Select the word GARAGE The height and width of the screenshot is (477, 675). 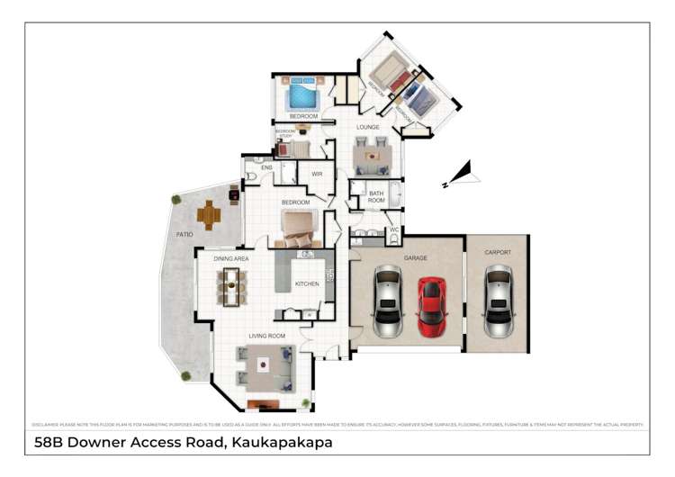[x=415, y=258]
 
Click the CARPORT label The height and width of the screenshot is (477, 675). [x=497, y=252]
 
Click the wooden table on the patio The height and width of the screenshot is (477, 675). [x=210, y=214]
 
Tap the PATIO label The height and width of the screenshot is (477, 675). [x=184, y=235]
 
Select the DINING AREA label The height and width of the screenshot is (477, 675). [x=231, y=258]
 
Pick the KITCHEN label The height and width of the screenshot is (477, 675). [x=307, y=284]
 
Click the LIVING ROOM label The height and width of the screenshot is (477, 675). [x=268, y=337]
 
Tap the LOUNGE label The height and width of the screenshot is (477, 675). [x=367, y=128]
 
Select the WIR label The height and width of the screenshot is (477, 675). [x=317, y=174]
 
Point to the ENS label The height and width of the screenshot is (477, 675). [x=266, y=168]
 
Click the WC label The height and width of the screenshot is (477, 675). [x=393, y=229]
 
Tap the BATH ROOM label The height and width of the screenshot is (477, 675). [x=376, y=196]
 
